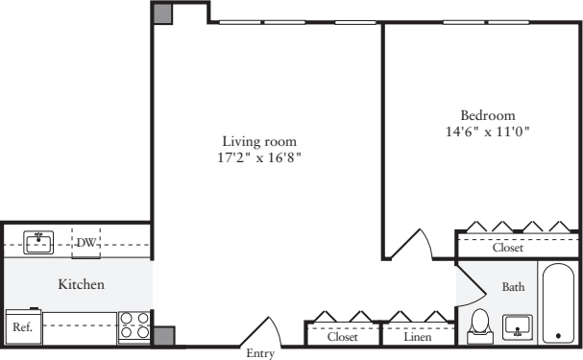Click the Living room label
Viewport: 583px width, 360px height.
[259, 141]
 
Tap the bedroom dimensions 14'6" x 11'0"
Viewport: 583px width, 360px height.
[488, 132]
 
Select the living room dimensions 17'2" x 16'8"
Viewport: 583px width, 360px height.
[259, 157]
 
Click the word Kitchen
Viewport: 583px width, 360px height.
[81, 284]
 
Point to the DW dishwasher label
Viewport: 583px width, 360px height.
[85, 243]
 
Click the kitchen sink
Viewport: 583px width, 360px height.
[38, 243]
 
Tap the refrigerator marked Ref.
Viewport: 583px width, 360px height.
[23, 325]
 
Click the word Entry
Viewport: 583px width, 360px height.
[260, 353]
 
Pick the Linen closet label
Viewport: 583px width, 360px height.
[418, 337]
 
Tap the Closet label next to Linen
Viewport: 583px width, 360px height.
[343, 337]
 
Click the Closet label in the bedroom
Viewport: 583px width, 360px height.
[508, 248]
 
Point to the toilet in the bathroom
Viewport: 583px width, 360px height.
[480, 325]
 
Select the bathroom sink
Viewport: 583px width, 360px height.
[517, 327]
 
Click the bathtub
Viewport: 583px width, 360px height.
[558, 303]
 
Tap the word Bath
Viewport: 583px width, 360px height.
[513, 287]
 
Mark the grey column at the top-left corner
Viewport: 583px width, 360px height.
[162, 13]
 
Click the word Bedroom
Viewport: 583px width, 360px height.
[488, 115]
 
